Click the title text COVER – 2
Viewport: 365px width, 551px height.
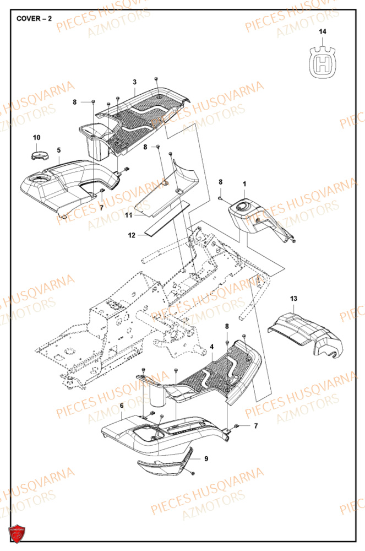pos(34,18)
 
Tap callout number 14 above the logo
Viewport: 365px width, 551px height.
pos(323,33)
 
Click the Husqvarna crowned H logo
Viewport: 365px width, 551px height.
pos(323,61)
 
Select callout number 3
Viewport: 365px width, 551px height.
pos(134,82)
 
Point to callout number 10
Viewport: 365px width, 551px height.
pos(36,137)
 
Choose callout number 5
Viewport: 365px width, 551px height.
pos(59,149)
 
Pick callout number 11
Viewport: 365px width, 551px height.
pos(128,215)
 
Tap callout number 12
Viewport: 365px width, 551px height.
pos(132,235)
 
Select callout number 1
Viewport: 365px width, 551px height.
pos(244,183)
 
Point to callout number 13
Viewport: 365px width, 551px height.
pos(293,298)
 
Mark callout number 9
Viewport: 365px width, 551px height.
pos(206,458)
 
